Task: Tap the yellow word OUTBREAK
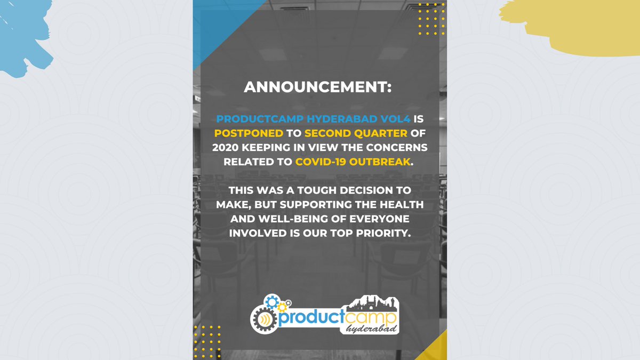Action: [381, 162]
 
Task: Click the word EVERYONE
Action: [379, 219]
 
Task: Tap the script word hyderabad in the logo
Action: [371, 331]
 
